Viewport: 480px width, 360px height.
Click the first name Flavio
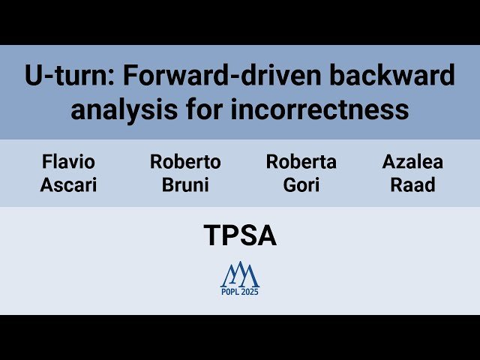coord(68,162)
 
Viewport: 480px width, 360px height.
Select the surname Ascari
coord(68,184)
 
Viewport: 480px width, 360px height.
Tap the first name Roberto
coord(185,162)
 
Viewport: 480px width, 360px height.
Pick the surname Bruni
coord(185,184)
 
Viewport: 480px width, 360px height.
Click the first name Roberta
coord(301,162)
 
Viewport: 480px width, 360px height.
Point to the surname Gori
coord(301,184)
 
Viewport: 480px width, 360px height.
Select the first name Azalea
coord(412,162)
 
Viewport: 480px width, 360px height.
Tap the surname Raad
coord(412,184)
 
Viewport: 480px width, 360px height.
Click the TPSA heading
coord(240,236)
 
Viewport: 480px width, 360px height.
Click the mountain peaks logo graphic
coord(240,275)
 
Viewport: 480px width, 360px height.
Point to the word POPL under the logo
coord(229,292)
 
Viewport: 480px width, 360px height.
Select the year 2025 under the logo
coord(250,292)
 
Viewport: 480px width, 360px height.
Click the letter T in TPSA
coord(211,236)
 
